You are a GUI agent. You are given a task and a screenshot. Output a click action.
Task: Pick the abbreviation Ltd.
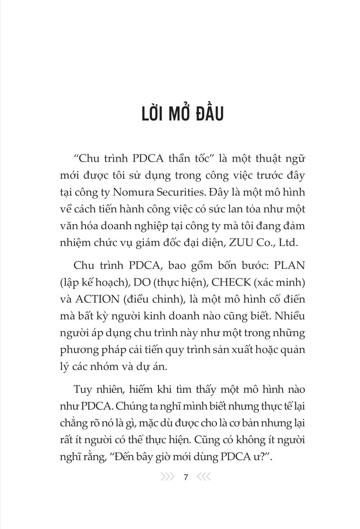[288, 243]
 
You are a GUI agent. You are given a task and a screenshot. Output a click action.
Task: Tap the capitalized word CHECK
[231, 283]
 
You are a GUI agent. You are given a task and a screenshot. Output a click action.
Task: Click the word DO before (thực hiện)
[142, 283]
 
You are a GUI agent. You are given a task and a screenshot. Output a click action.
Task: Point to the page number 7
[186, 477]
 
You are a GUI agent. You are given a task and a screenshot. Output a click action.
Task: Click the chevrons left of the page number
[168, 477]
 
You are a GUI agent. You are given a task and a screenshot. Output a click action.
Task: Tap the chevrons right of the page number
[204, 477]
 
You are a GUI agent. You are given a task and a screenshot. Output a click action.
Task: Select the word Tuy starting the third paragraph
[82, 389]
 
